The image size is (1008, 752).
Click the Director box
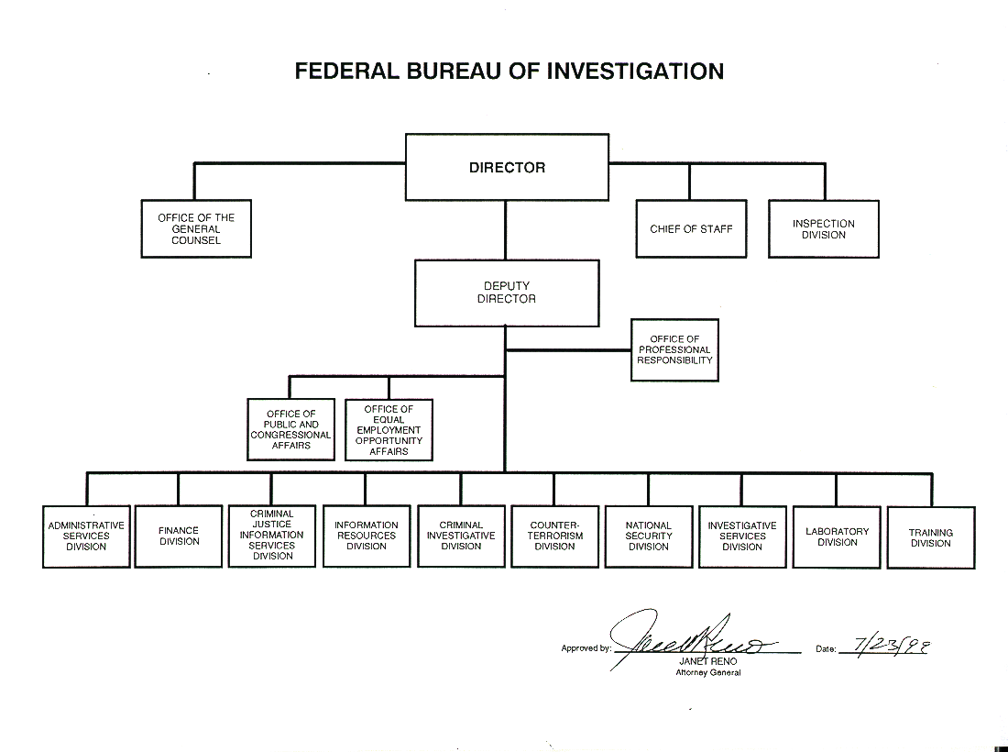(x=507, y=167)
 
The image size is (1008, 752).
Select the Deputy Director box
(x=507, y=293)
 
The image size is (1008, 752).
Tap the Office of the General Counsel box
(x=196, y=228)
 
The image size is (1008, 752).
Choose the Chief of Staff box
(x=691, y=228)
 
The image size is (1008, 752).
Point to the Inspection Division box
(x=823, y=228)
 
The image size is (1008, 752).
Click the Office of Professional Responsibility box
(x=674, y=349)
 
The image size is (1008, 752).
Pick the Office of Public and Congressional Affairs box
(x=290, y=429)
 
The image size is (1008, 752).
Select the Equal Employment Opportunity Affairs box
(x=389, y=429)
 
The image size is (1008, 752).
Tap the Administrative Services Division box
(x=86, y=536)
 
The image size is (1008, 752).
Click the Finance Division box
(x=179, y=536)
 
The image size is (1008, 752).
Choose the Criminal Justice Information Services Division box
(x=271, y=536)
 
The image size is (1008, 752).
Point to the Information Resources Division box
(x=366, y=536)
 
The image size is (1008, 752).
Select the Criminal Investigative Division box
(x=461, y=536)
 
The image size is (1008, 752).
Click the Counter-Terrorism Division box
(x=554, y=536)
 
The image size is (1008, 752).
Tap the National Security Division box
(x=649, y=536)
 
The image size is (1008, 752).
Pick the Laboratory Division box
(x=837, y=536)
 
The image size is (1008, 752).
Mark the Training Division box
(x=930, y=537)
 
